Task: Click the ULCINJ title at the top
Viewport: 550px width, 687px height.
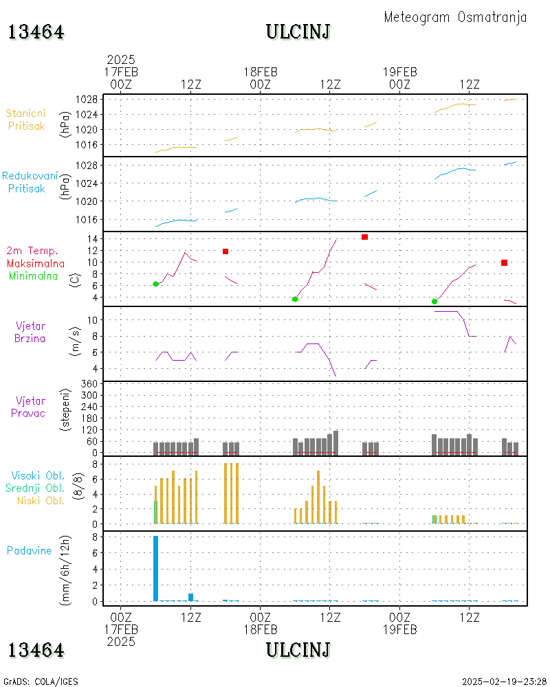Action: (x=298, y=32)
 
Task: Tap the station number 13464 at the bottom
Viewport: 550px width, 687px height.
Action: (x=36, y=650)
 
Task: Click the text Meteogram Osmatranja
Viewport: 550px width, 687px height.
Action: (x=455, y=18)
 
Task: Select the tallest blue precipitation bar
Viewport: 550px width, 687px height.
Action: (x=155, y=567)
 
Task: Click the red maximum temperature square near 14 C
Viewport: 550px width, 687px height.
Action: (x=364, y=237)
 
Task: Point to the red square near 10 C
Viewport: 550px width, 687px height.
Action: (x=504, y=262)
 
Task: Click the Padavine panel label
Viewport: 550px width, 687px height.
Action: (x=29, y=550)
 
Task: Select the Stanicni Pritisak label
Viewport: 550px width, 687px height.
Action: (x=26, y=120)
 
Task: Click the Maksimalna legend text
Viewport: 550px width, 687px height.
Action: (x=36, y=263)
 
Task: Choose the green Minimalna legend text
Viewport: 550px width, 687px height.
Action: (x=34, y=275)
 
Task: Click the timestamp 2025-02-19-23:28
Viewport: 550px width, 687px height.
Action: (x=504, y=682)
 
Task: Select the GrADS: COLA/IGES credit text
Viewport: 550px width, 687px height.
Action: (x=41, y=682)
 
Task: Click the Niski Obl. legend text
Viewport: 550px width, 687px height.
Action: (x=37, y=500)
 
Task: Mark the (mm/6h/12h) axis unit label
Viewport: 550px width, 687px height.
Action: (x=66, y=570)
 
